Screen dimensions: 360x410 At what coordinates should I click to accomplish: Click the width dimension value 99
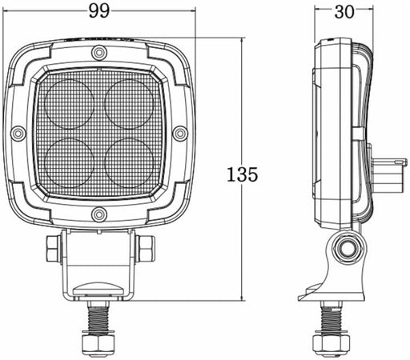coord(99,10)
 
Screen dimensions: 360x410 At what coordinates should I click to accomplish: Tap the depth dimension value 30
coord(344,10)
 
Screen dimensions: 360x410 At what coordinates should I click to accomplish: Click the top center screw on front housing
coord(98,53)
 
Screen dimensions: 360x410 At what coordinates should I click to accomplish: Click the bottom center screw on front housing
coord(98,214)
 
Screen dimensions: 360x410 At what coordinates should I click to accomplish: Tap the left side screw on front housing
coord(18,133)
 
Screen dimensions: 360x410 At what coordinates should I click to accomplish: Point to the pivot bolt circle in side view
coord(347,250)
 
